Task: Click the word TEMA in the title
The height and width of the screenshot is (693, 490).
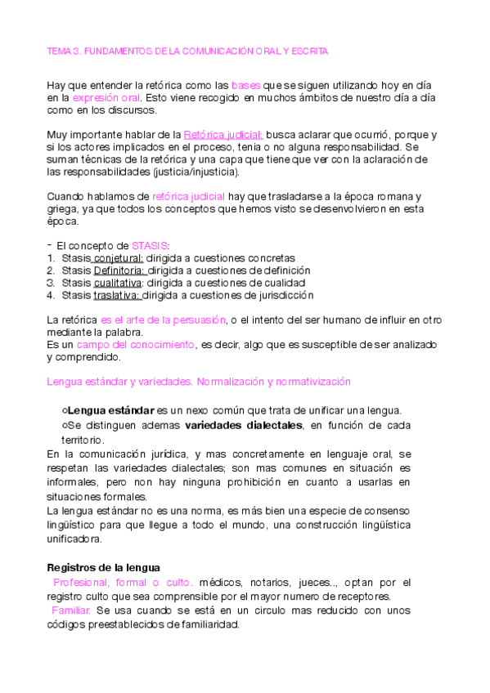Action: pyautogui.click(x=60, y=51)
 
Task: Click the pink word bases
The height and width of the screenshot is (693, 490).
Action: pyautogui.click(x=245, y=85)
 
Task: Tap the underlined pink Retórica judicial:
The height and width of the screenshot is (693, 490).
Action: pyautogui.click(x=223, y=134)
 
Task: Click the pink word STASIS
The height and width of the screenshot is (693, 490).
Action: pyautogui.click(x=150, y=245)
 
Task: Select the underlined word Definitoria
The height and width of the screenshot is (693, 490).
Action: pyautogui.click(x=119, y=270)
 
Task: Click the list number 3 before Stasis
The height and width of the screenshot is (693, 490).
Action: pyautogui.click(x=50, y=282)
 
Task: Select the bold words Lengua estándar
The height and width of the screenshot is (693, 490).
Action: pyautogui.click(x=110, y=410)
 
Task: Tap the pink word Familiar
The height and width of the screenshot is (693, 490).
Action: pyautogui.click(x=71, y=610)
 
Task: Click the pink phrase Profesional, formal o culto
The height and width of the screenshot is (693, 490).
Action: pyautogui.click(x=123, y=582)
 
